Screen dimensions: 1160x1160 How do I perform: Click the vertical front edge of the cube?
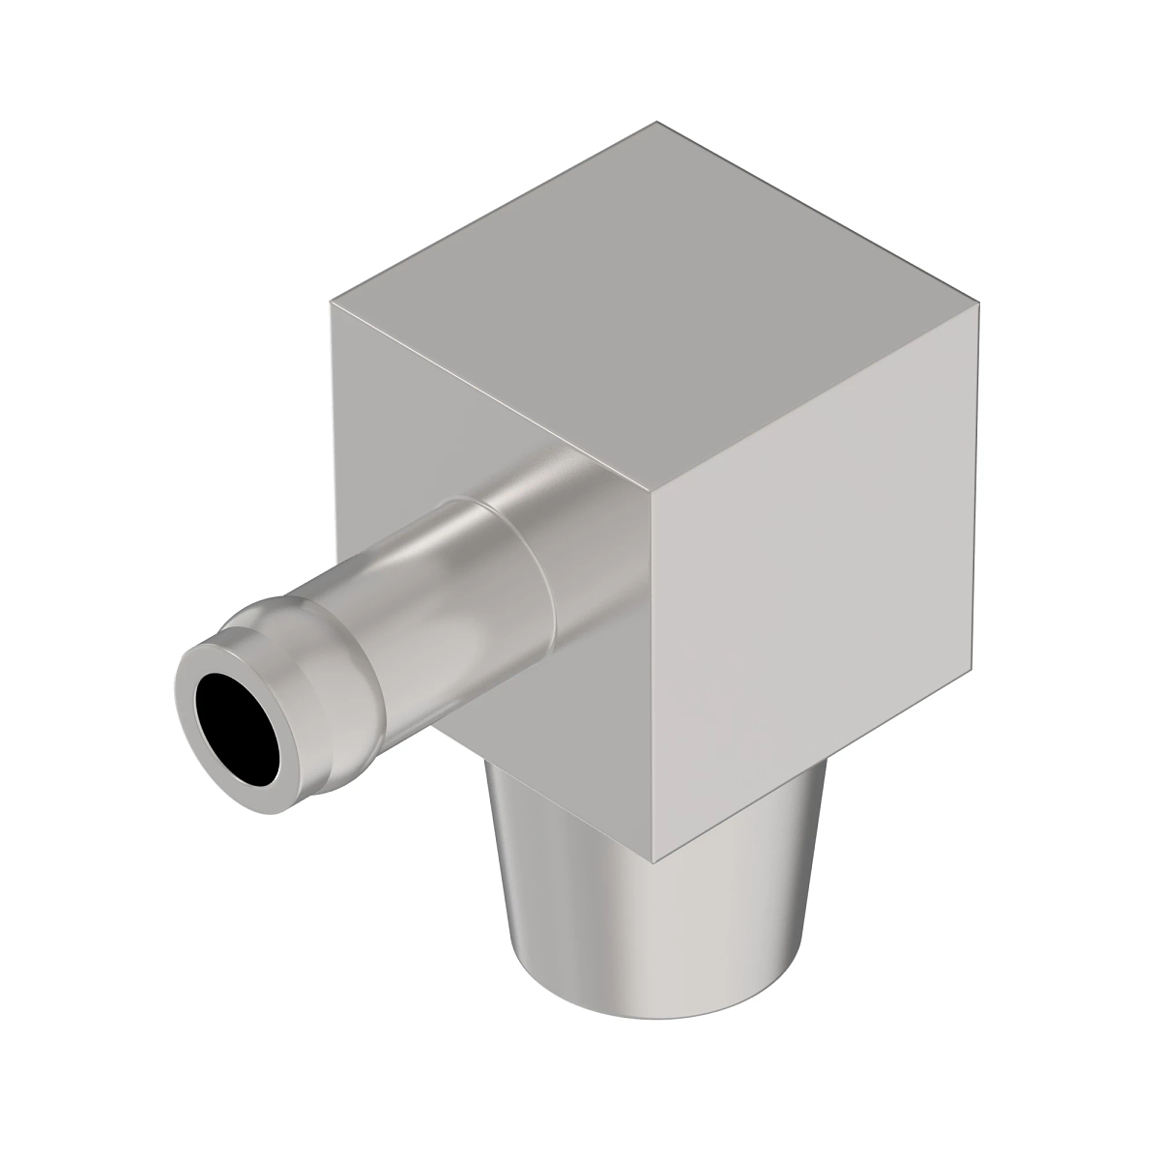(x=653, y=677)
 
